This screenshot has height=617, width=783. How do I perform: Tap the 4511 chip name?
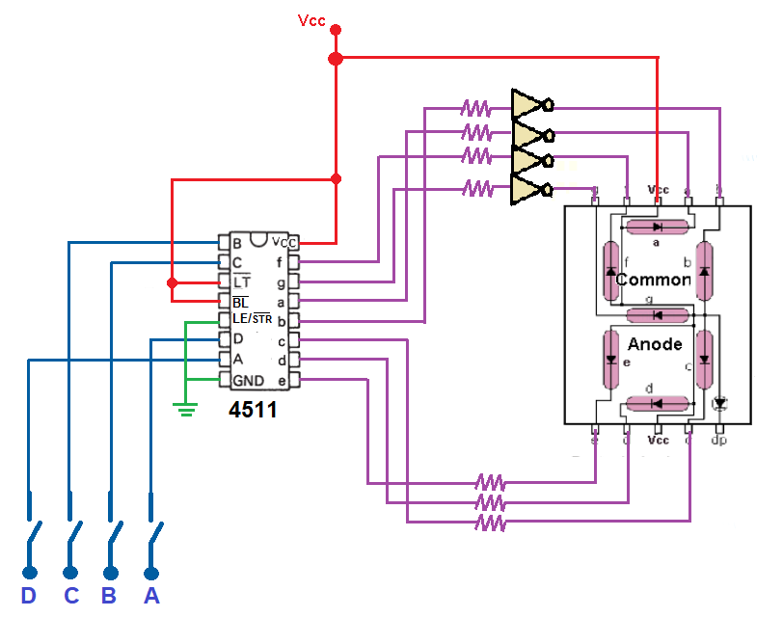(253, 410)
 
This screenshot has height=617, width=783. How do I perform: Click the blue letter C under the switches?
(70, 596)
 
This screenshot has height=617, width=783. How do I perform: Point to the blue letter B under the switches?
(109, 596)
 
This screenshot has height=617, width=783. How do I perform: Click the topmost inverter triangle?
(529, 104)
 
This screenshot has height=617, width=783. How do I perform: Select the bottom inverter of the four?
(529, 188)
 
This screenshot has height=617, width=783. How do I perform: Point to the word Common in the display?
(653, 280)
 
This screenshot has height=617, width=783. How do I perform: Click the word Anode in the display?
(655, 344)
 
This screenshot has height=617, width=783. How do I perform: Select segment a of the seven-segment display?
(656, 227)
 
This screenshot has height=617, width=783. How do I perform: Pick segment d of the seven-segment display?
(656, 402)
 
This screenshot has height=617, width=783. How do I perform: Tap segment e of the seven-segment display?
(610, 359)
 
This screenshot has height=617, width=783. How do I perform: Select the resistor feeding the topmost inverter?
(476, 106)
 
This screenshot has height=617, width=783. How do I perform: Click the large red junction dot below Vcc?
(336, 59)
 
